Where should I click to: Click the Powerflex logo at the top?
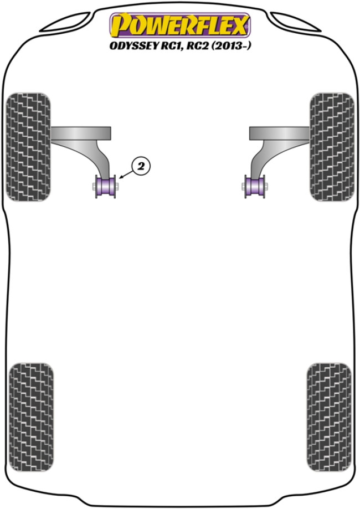coord(180,25)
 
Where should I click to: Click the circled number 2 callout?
coord(141,167)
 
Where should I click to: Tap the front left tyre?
coord(29,147)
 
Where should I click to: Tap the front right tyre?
coord(332,147)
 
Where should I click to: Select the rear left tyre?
coord(31,417)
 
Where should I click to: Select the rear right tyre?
coord(329,417)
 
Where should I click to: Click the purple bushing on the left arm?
coord(105,186)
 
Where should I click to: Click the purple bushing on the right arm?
coord(255,186)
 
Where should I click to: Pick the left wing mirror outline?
coord(65,22)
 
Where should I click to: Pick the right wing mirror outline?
coord(295,22)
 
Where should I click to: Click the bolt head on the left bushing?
coord(94,186)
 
